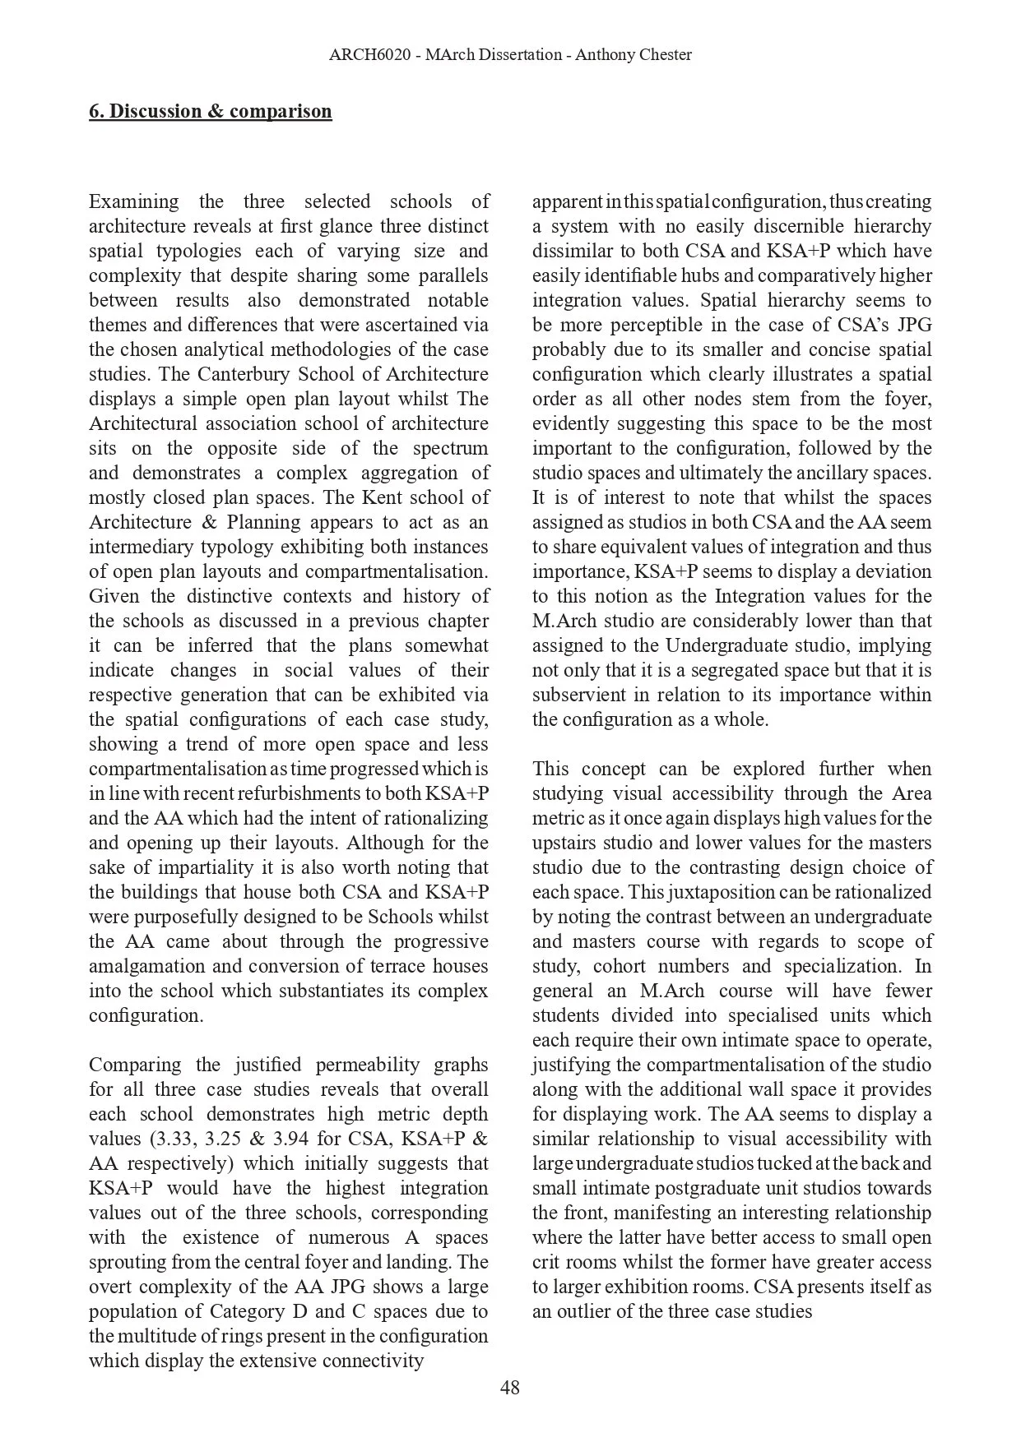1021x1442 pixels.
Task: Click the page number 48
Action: click(x=509, y=1388)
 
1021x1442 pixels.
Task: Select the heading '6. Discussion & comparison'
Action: click(x=211, y=111)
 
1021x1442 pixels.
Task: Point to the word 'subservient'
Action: click(x=577, y=695)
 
